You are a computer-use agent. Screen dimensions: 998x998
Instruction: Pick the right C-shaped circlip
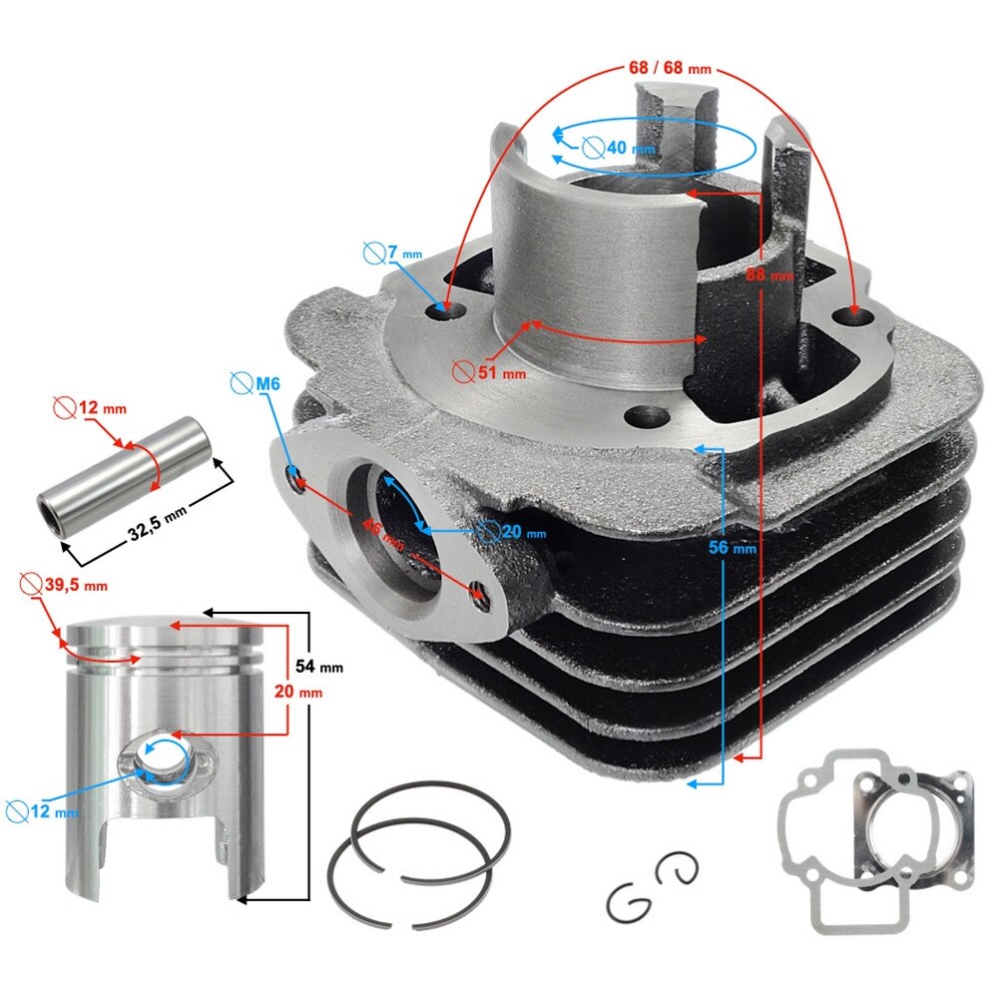coord(678,868)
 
